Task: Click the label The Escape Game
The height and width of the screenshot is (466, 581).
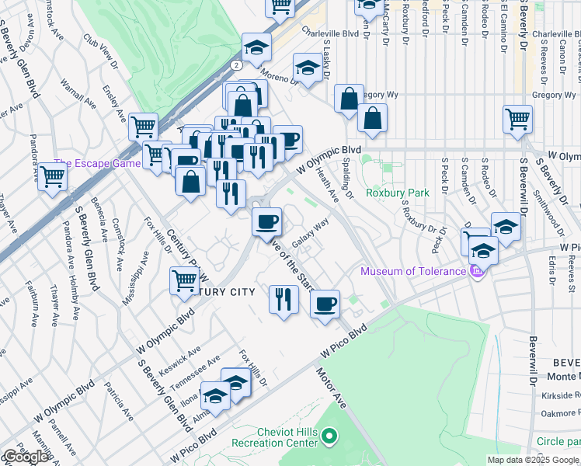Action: coord(91,163)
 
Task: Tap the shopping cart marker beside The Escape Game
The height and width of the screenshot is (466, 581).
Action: coord(53,176)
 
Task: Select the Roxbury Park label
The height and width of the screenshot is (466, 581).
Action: coord(398,192)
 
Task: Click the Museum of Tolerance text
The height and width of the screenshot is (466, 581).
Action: coord(412,271)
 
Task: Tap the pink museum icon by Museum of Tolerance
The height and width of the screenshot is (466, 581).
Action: coord(477,271)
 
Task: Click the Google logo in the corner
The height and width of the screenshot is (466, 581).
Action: coord(25,457)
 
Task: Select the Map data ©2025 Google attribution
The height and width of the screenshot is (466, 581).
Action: coord(533,460)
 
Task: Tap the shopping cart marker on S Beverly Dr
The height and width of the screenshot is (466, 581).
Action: coord(517,119)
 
